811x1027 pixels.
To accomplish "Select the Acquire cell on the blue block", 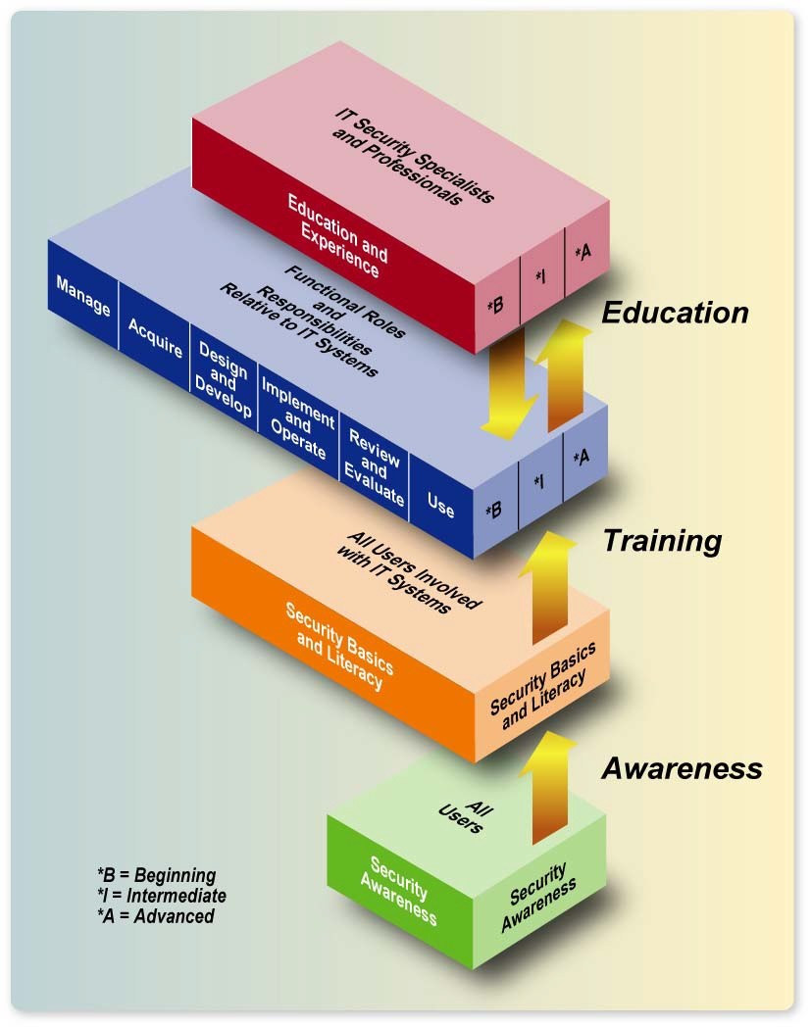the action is (x=155, y=336).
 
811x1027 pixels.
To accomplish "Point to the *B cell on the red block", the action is (x=495, y=305).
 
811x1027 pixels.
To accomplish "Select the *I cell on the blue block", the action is (x=539, y=482).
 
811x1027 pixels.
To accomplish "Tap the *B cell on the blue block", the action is (x=495, y=510).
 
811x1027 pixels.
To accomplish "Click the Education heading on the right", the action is (x=675, y=313).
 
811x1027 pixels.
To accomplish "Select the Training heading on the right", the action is (x=661, y=540).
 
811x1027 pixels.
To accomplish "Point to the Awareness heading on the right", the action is (x=682, y=768).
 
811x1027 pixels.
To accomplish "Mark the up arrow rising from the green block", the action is (x=554, y=789).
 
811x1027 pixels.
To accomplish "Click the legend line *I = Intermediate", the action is (x=161, y=896).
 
